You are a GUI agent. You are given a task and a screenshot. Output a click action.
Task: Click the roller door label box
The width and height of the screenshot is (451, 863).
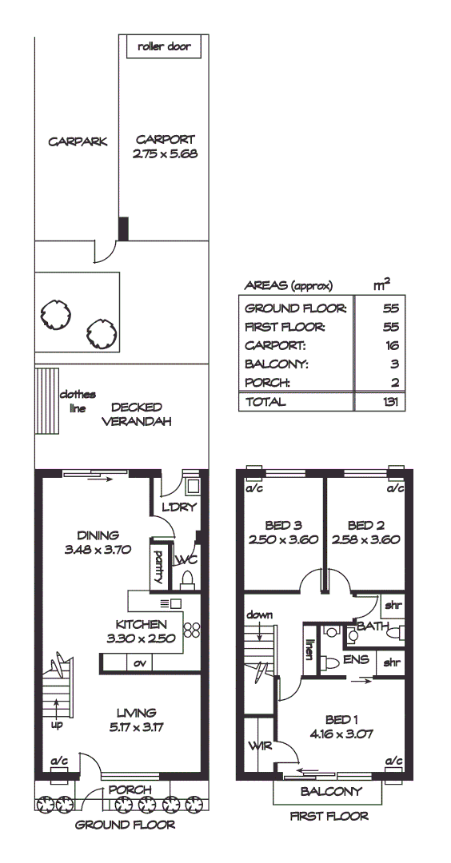[x=164, y=46]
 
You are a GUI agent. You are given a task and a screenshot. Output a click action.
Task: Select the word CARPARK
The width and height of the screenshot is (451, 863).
[x=78, y=142]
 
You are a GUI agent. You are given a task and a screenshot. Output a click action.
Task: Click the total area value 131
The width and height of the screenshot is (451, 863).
[x=390, y=402]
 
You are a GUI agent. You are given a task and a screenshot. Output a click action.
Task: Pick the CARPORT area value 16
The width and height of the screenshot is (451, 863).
[x=391, y=346]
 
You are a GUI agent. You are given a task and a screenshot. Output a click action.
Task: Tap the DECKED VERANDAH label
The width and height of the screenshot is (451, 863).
[x=137, y=415]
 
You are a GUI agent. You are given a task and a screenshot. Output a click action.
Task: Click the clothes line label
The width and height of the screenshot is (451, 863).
[x=78, y=401]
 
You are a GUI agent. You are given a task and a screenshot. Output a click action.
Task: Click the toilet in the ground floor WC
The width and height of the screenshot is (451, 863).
[x=189, y=577]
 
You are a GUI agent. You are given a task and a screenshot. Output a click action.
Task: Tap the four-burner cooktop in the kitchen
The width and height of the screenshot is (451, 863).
[x=191, y=629]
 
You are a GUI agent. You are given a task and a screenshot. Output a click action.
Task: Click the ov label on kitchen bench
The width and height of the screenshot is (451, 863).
[x=138, y=662]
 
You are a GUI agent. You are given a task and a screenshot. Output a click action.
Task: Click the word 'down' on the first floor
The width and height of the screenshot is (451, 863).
[x=260, y=614]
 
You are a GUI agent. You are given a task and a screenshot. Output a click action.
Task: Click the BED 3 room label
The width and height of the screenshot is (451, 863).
[x=283, y=531]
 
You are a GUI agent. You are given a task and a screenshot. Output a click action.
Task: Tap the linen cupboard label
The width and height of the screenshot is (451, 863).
[x=309, y=646]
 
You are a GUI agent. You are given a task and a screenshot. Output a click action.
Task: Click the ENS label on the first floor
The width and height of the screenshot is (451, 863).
[x=356, y=660]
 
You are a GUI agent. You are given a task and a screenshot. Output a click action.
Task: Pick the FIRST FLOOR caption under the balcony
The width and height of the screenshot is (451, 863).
[x=329, y=817]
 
